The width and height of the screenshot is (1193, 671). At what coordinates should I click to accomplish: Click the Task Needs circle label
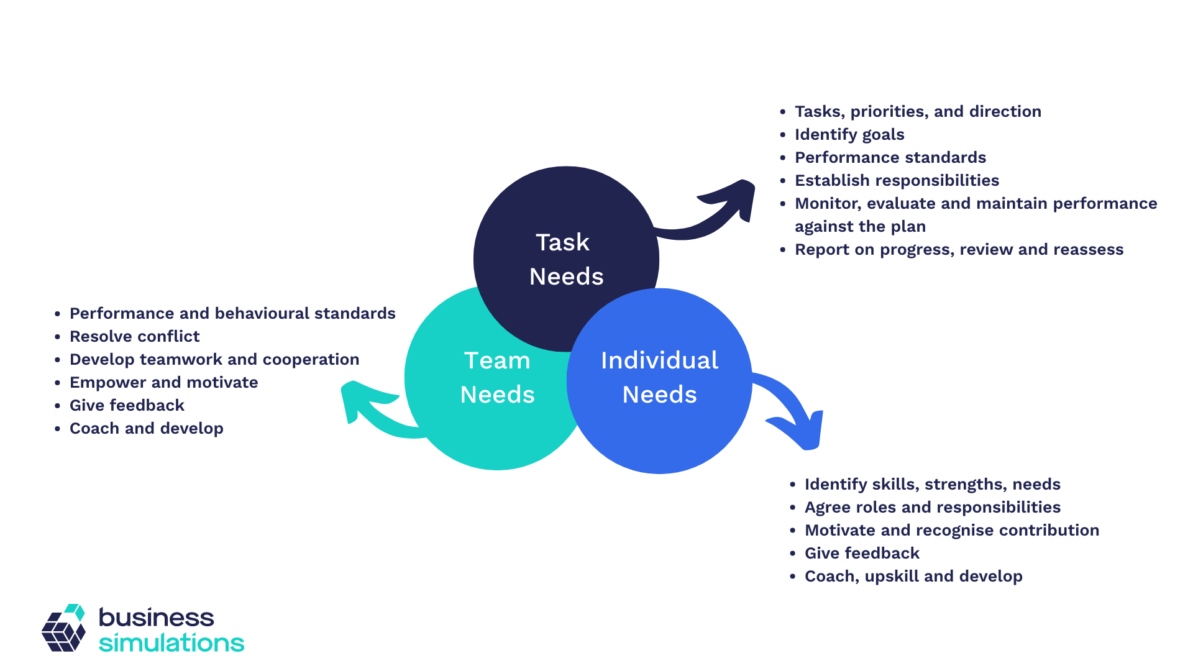[565, 259]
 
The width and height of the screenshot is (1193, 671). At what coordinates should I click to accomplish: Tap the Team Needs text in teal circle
[497, 377]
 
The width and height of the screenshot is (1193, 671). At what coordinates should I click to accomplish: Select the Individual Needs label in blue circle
[659, 377]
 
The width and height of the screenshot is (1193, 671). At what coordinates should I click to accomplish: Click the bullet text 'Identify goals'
[849, 134]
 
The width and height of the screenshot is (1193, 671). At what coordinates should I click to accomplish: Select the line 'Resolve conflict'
[134, 336]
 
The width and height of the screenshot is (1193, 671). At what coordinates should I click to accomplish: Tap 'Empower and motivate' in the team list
[163, 382]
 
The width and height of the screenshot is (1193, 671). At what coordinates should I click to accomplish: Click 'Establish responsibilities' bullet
[897, 180]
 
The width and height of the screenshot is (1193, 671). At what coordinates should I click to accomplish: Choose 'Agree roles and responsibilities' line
[932, 507]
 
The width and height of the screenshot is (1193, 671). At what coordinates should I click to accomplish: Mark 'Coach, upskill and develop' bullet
[913, 576]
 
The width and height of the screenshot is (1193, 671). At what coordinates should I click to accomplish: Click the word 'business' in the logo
[156, 617]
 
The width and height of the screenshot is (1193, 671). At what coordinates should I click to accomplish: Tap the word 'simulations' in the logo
[171, 642]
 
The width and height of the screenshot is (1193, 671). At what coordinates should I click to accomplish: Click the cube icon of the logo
[63, 629]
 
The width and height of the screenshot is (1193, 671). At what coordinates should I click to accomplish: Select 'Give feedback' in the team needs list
[127, 405]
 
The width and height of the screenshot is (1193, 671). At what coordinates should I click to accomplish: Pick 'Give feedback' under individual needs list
[862, 553]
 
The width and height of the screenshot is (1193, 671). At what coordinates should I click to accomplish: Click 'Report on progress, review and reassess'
[959, 249]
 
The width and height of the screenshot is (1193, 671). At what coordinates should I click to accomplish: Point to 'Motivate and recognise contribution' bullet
[951, 530]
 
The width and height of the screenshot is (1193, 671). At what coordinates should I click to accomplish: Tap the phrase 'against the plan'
[860, 226]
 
